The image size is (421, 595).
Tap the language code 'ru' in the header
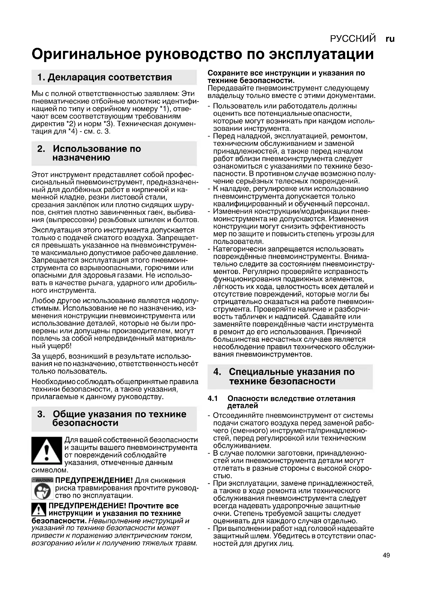(390, 39)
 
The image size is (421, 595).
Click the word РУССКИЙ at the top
(353, 39)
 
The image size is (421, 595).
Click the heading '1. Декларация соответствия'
(105, 77)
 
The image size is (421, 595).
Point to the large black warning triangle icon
(47, 451)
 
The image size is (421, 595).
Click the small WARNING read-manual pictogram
(42, 488)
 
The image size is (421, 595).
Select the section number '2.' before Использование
(41, 149)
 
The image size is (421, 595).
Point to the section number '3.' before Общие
(41, 414)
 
